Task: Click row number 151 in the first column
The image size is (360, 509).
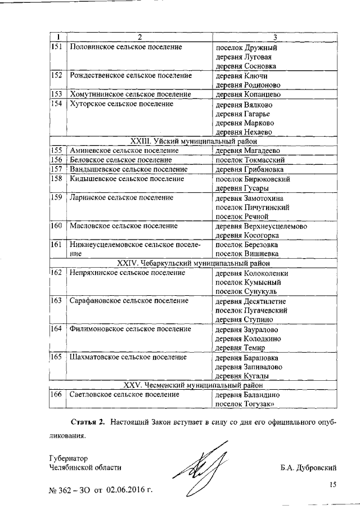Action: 56,47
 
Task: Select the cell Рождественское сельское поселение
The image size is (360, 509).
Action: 130,75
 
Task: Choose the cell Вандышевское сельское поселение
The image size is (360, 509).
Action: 128,170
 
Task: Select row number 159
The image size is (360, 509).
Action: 56,198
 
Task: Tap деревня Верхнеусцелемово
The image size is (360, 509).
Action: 262,226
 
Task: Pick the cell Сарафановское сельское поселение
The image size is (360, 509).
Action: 129,301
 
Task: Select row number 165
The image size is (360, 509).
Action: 56,358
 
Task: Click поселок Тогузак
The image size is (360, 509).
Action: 245,404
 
